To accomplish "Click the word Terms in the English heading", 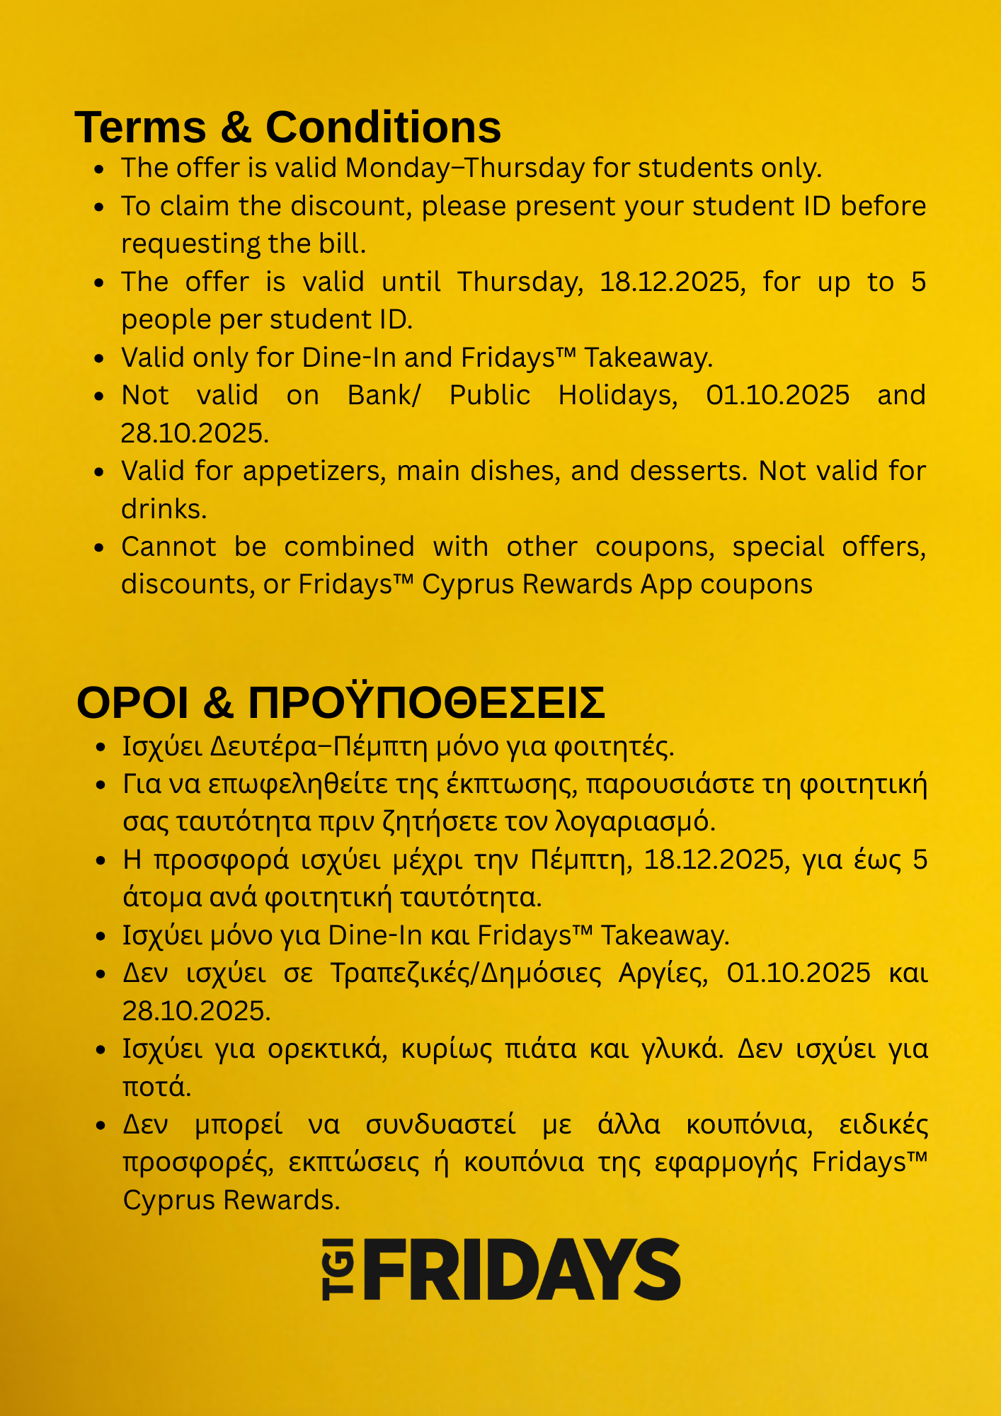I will tap(140, 127).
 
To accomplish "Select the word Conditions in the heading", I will tap(383, 127).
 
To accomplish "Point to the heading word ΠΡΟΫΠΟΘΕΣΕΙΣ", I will tap(426, 703).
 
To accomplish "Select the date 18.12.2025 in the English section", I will tap(672, 282).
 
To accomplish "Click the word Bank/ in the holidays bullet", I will tap(384, 395).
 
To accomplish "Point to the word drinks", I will tap(164, 509).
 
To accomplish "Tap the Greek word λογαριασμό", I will tap(636, 822).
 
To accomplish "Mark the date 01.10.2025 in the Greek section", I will tap(799, 973).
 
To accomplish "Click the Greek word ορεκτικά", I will tap(328, 1049).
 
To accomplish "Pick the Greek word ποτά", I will tap(156, 1087).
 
